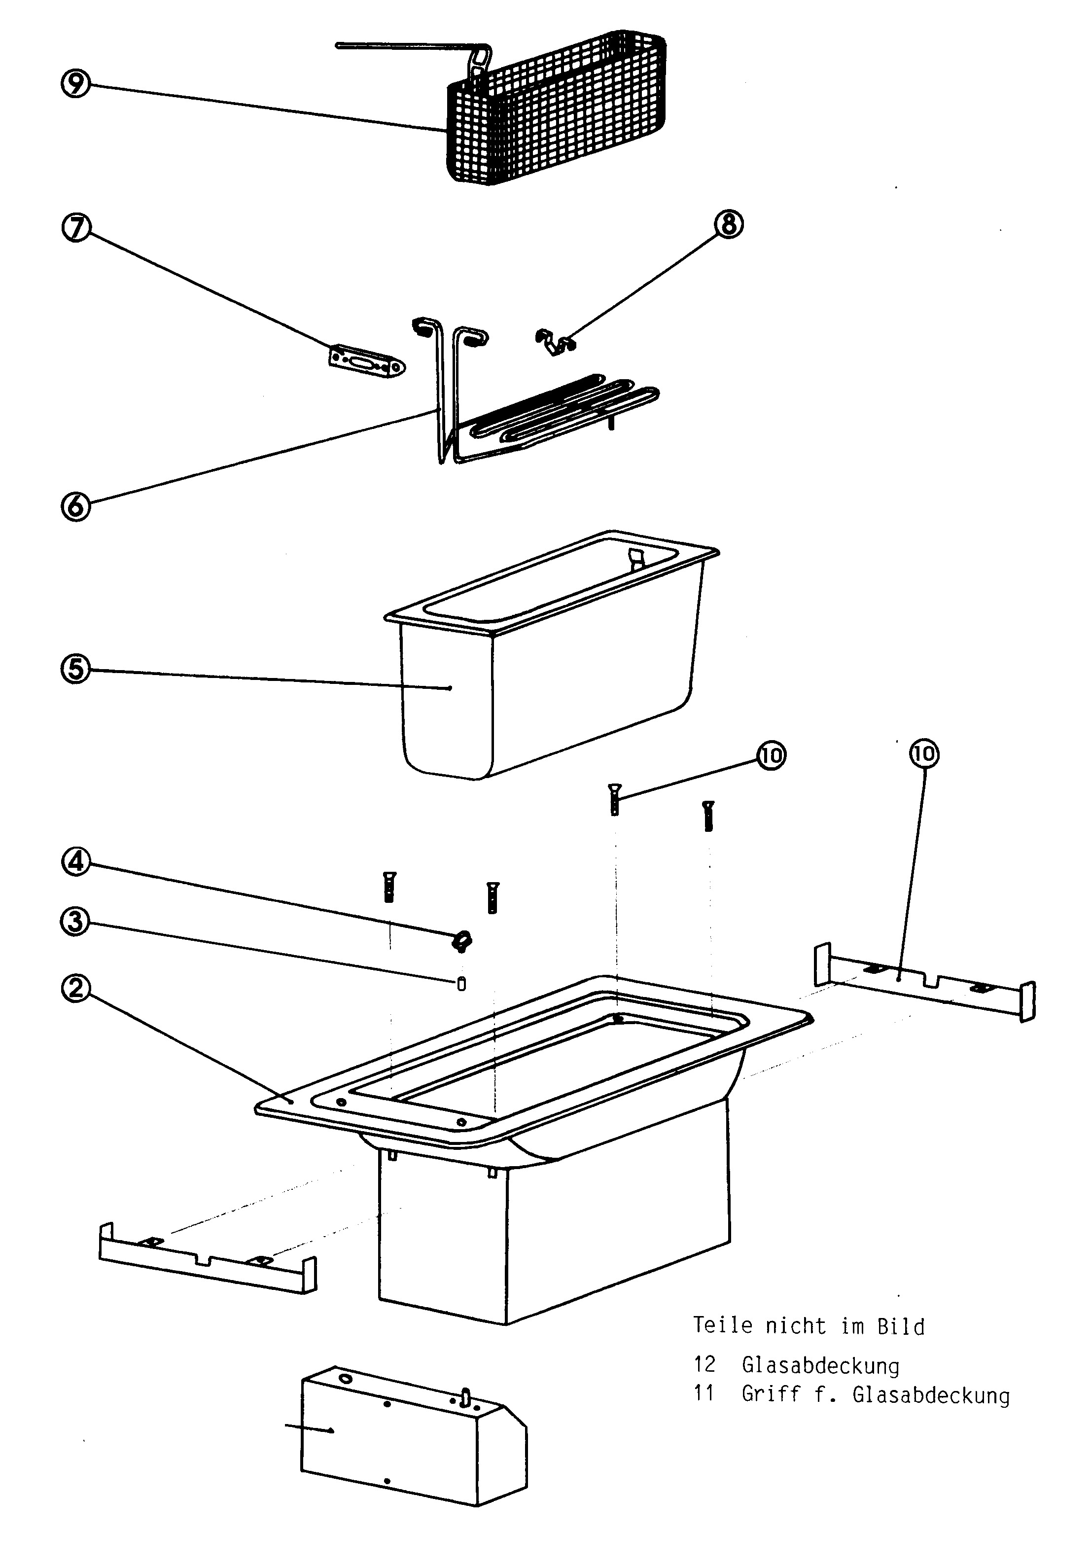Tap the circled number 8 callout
coord(729,223)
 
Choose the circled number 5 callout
coord(76,669)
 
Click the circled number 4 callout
coord(76,862)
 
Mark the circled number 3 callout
coord(76,921)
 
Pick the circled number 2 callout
coord(76,988)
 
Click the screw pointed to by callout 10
coord(614,798)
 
